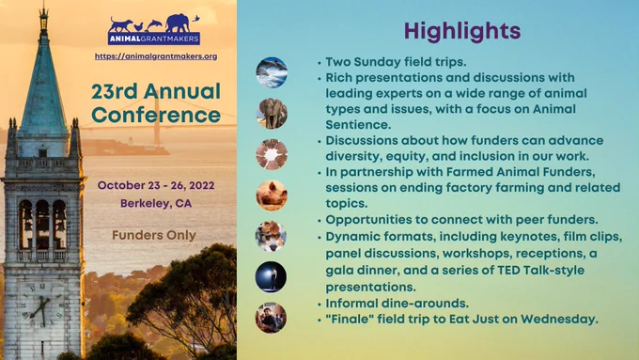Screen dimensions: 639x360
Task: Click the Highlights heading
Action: [462, 31]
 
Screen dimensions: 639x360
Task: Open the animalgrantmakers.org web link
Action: [156, 56]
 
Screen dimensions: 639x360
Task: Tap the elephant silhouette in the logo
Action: [178, 23]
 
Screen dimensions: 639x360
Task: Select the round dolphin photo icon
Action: [272, 72]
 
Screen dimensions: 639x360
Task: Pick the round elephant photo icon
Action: [272, 114]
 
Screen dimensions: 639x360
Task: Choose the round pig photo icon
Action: [272, 196]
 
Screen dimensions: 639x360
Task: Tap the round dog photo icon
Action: [272, 236]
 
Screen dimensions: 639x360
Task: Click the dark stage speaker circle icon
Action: [271, 277]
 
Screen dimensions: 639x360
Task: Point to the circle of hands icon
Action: [272, 154]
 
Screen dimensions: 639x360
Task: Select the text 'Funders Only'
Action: [154, 235]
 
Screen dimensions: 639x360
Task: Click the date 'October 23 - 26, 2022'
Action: [156, 185]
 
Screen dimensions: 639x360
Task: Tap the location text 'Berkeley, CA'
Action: [156, 203]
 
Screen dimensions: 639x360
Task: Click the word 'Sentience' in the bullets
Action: [358, 125]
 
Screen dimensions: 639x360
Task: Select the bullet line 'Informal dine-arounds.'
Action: [397, 304]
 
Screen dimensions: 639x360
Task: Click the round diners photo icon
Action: [271, 318]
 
